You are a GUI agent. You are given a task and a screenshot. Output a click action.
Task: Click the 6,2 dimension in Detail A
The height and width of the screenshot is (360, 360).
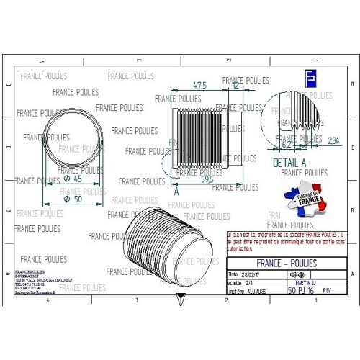286,144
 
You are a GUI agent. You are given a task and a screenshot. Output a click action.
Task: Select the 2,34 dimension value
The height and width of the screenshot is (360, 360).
333,140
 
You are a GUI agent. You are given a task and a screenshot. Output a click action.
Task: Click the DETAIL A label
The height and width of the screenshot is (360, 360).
289,163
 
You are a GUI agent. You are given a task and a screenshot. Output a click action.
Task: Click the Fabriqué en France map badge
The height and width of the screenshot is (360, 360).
302,202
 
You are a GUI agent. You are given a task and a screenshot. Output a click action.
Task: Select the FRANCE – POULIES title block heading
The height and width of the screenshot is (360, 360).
287,263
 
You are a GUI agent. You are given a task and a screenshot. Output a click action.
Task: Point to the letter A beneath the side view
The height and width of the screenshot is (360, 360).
176,191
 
